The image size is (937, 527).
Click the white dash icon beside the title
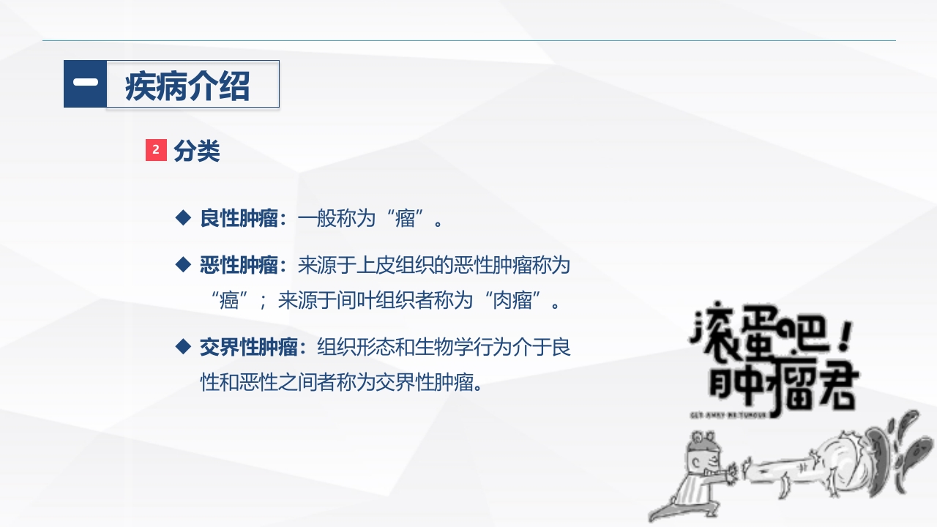click(x=85, y=83)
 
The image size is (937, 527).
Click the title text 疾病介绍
click(x=188, y=86)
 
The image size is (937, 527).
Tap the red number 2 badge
click(x=156, y=150)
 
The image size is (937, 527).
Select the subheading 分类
click(x=197, y=151)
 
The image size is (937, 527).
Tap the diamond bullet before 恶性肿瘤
click(x=182, y=265)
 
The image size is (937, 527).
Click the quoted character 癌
click(x=225, y=300)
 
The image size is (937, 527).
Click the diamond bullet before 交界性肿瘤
click(x=182, y=346)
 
